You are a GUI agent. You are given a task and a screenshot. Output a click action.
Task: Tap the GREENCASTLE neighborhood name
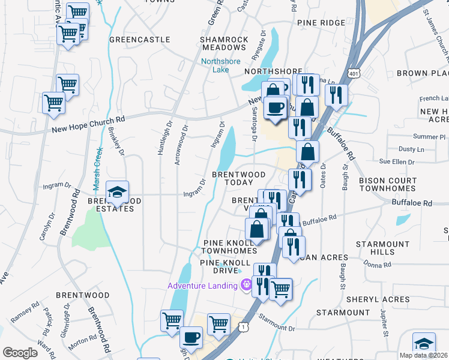click(x=131, y=40)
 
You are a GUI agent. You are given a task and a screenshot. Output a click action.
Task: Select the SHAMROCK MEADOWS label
click(x=224, y=44)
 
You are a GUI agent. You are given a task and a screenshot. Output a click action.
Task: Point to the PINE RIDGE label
click(x=321, y=23)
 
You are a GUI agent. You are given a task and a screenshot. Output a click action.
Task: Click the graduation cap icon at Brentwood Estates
click(x=117, y=193)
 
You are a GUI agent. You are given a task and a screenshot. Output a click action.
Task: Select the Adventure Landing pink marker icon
click(x=245, y=286)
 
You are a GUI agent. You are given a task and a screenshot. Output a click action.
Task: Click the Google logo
click(x=20, y=352)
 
